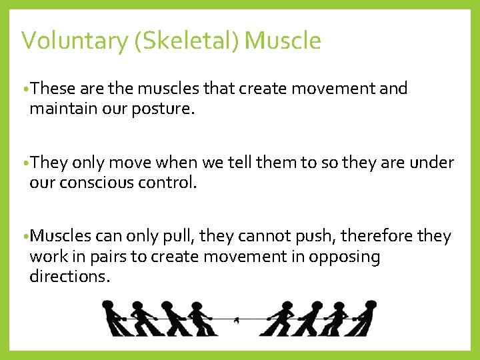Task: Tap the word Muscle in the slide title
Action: [283, 41]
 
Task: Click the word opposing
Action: [344, 257]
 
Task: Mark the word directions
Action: [69, 276]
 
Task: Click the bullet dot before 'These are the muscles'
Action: [25, 89]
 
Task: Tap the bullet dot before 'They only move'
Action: [25, 163]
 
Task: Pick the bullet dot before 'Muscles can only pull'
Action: [25, 237]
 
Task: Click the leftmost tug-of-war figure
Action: [115, 319]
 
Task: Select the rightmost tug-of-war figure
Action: [364, 319]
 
